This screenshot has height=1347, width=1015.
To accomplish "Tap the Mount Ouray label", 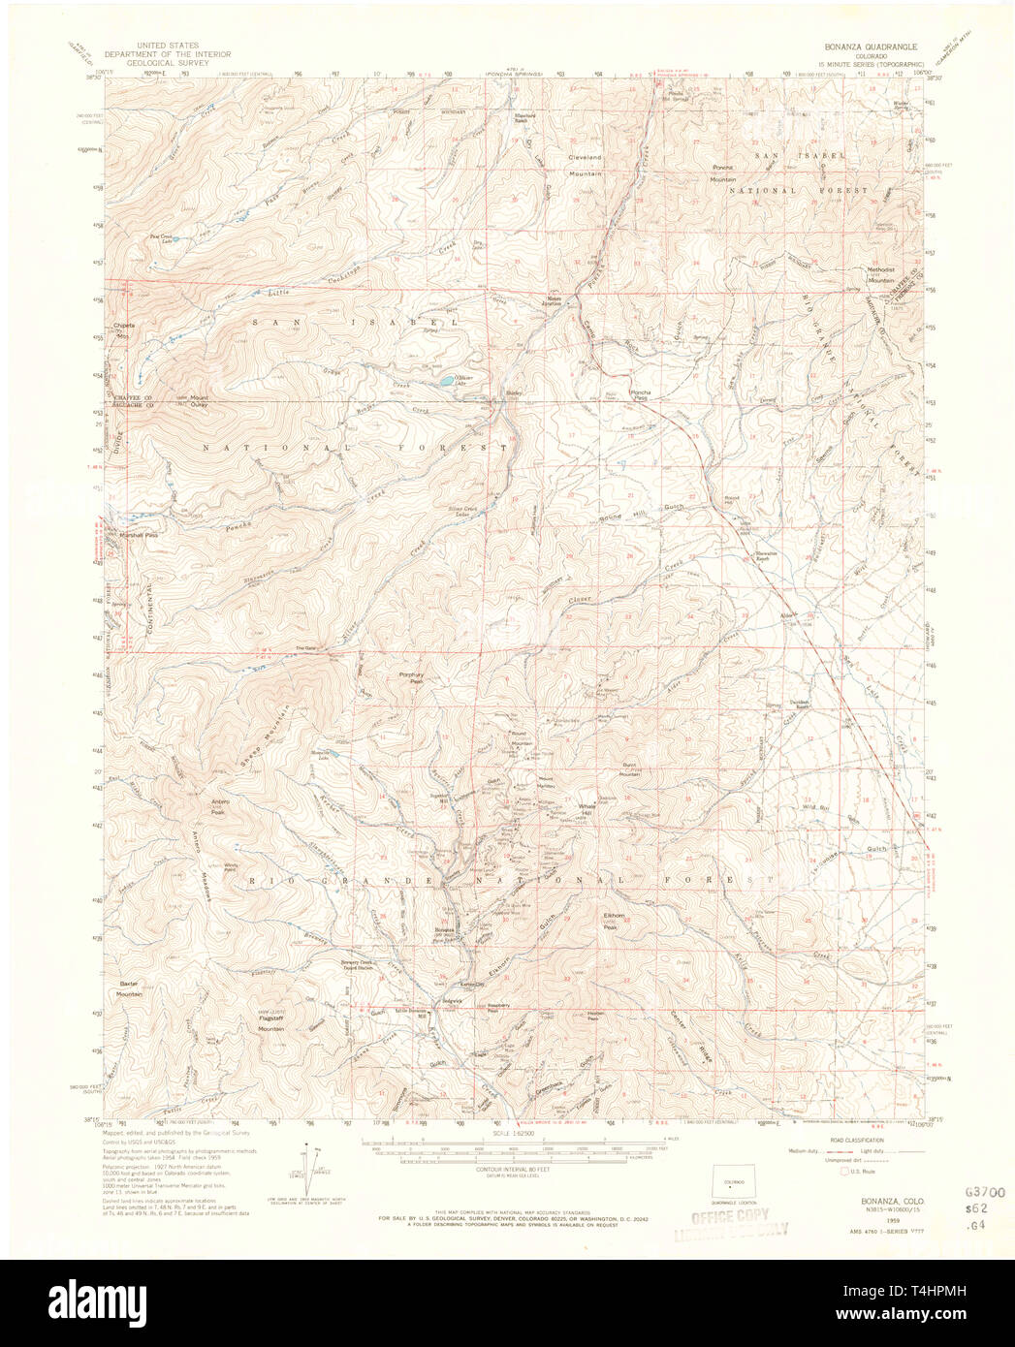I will click(x=199, y=401).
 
